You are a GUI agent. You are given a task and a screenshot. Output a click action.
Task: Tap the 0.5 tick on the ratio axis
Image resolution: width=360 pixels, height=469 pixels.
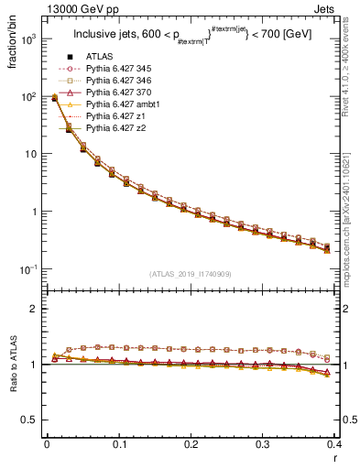coord(32,420)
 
